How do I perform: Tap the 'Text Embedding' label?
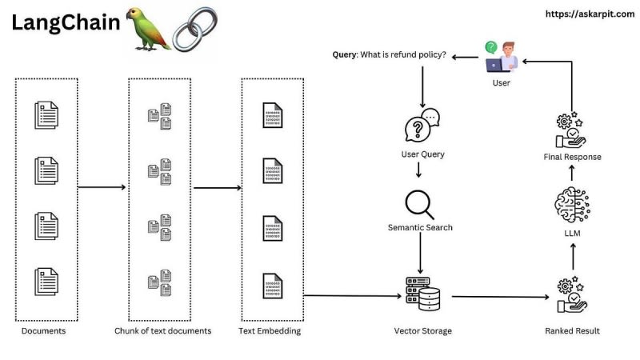(270, 330)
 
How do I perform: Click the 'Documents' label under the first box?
(45, 330)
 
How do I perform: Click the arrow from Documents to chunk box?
(102, 187)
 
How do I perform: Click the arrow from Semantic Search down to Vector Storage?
(420, 254)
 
